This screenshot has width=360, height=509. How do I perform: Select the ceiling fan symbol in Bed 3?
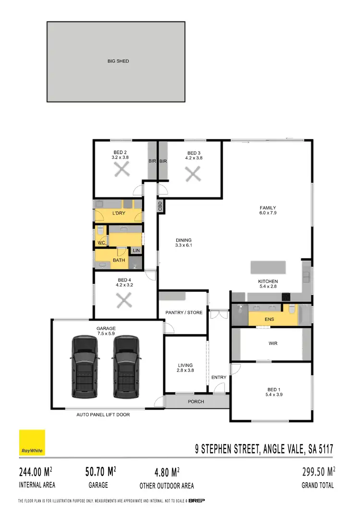(193, 174)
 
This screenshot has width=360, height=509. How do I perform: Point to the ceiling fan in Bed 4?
(124, 300)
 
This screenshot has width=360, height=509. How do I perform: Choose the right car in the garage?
(126, 367)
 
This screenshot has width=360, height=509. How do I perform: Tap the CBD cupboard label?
(160, 206)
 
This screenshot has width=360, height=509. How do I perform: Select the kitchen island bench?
(268, 267)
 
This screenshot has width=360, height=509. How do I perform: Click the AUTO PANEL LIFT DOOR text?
(104, 414)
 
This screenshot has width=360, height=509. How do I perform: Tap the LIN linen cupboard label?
(136, 250)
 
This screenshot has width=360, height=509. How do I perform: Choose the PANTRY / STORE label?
(184, 313)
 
